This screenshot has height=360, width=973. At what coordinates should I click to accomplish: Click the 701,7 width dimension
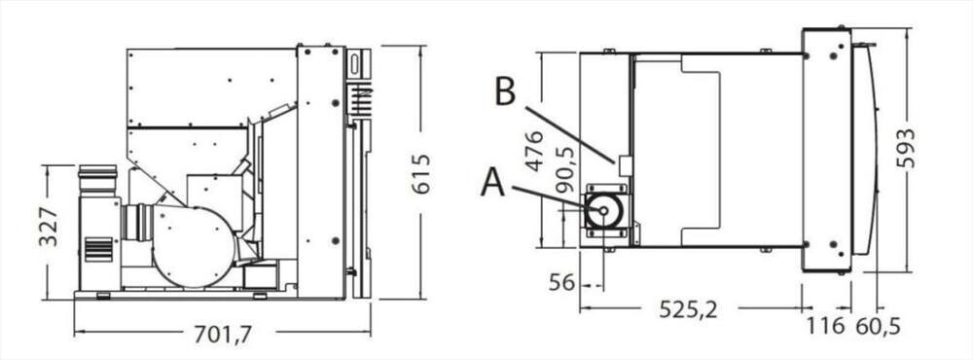click(x=223, y=335)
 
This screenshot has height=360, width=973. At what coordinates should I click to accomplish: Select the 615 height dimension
click(x=421, y=174)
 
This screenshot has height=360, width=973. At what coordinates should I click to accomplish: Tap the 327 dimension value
click(x=49, y=227)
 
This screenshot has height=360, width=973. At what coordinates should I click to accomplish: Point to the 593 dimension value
click(x=906, y=148)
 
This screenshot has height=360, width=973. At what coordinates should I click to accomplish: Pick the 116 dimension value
click(x=825, y=325)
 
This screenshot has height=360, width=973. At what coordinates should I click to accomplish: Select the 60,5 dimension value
click(x=878, y=325)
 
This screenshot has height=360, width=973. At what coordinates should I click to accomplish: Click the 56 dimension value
click(x=561, y=282)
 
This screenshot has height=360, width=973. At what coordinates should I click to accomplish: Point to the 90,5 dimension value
click(x=564, y=169)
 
